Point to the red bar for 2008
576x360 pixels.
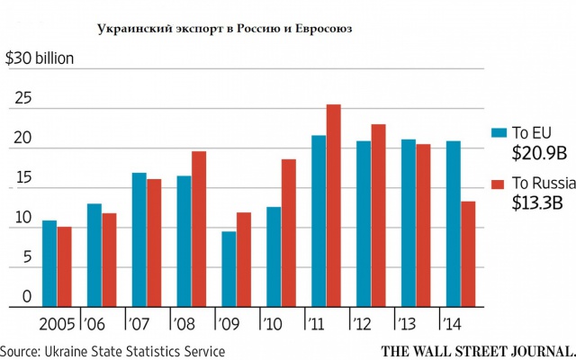tap(199, 229)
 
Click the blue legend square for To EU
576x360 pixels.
tap(497, 133)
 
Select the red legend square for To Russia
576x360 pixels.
tap(497, 184)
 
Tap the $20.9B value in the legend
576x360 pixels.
tap(540, 152)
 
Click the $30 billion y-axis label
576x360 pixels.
tap(40, 59)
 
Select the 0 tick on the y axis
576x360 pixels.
tap(26, 295)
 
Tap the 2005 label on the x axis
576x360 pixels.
tap(55, 320)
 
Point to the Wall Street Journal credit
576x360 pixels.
tap(477, 350)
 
